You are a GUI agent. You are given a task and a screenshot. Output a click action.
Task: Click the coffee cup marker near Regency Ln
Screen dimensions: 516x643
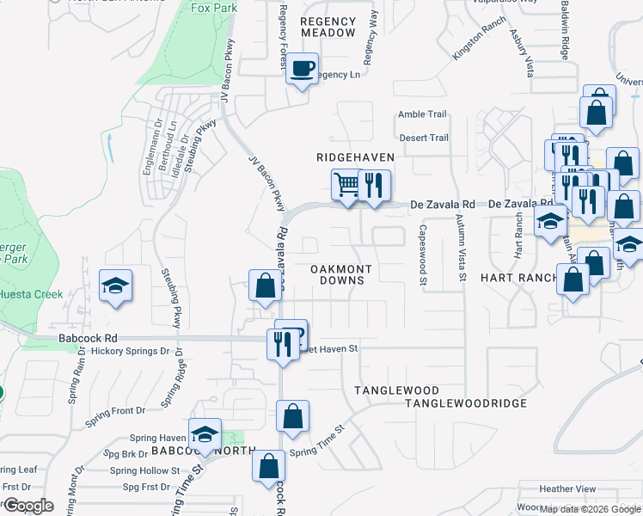click(x=301, y=69)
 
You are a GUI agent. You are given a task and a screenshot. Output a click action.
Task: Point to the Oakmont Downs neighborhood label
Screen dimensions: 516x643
click(x=340, y=275)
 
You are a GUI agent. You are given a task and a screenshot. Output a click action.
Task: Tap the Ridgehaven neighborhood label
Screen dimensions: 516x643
click(x=355, y=157)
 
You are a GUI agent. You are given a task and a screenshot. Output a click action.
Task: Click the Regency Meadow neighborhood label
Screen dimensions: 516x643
click(x=328, y=27)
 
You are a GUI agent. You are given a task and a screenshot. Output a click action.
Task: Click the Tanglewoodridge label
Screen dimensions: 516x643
click(x=465, y=403)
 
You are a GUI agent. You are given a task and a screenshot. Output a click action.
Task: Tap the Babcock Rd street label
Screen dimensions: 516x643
click(x=87, y=339)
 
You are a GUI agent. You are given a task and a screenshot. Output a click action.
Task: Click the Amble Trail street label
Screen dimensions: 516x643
click(x=422, y=114)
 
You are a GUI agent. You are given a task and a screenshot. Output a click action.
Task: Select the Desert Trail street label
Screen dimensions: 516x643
click(x=423, y=138)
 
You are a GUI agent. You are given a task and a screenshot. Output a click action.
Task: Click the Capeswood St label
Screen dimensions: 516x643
click(x=423, y=255)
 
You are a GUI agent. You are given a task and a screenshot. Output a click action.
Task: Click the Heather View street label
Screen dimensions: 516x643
click(x=568, y=488)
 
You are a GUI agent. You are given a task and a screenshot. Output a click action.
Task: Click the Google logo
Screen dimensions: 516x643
click(x=28, y=506)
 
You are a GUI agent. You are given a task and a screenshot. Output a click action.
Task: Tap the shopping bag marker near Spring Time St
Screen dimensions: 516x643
click(x=292, y=416)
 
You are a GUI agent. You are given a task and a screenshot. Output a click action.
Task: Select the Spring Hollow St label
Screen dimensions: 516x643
click(x=144, y=471)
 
